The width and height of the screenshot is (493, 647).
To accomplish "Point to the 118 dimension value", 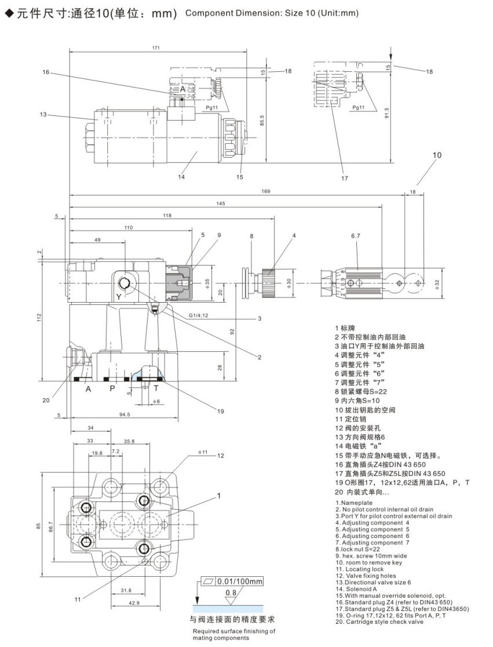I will (x=167, y=215).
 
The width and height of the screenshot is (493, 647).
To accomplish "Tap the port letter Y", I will (x=119, y=296).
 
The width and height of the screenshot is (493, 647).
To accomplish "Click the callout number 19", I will (x=220, y=411).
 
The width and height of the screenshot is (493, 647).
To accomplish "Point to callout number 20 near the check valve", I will (x=45, y=399).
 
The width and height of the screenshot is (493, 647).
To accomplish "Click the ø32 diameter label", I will (x=436, y=284).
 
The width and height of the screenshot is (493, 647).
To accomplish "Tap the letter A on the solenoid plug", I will (x=182, y=89).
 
